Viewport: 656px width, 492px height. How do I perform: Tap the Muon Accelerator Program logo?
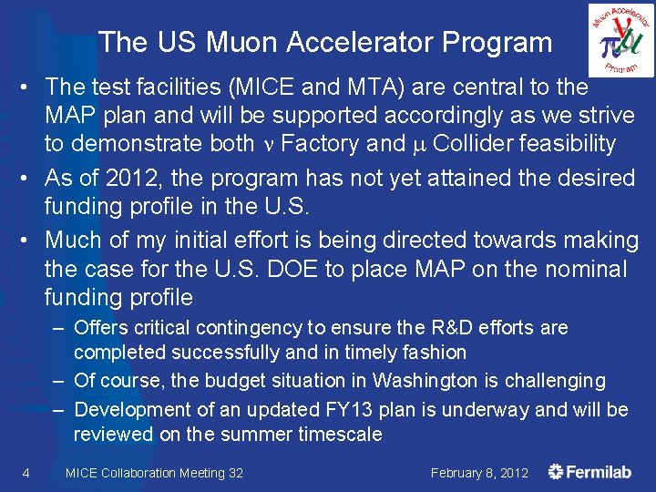(x=620, y=40)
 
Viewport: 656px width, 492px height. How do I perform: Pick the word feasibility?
(x=562, y=143)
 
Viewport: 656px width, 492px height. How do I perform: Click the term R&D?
(x=466, y=327)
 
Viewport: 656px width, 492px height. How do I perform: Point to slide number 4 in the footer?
(x=26, y=472)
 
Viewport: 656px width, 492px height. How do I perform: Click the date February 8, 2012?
(x=479, y=473)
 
